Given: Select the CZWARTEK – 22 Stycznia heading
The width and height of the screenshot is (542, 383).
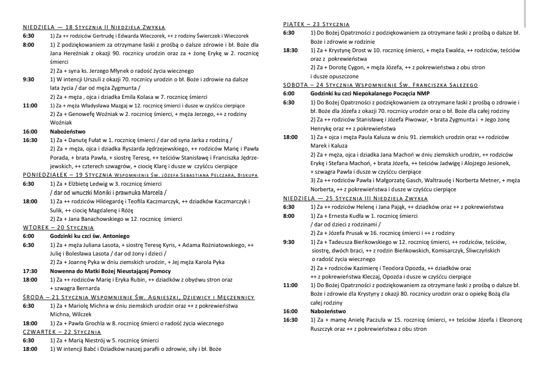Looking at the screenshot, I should tap(62, 332).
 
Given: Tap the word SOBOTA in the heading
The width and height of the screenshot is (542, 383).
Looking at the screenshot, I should tap(296, 85).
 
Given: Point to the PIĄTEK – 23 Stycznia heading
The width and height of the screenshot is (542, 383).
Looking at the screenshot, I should tap(316, 24).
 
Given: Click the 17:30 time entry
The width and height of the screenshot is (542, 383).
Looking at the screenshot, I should tap(30, 271).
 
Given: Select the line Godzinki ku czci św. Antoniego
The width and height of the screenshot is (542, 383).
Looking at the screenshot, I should tap(90, 236).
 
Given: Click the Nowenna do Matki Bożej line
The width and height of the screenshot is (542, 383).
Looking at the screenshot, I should tap(110, 271).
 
